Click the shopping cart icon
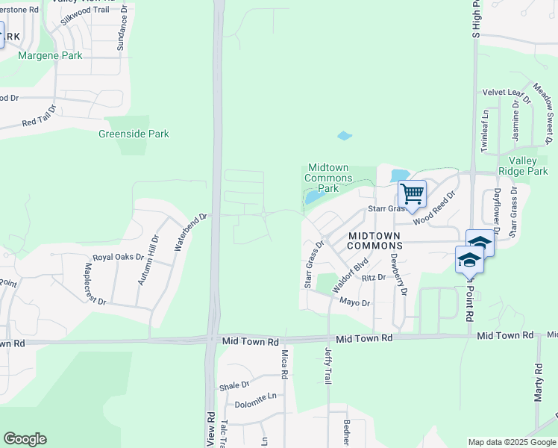[x=412, y=194]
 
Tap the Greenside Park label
[x=134, y=134]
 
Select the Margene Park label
[x=50, y=55]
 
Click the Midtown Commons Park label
[x=329, y=178]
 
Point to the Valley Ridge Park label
[x=528, y=166]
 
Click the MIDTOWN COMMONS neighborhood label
[x=376, y=240]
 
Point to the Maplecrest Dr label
[x=95, y=283]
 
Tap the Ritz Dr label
[x=373, y=278]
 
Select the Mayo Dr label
[x=355, y=302]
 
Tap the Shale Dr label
[x=234, y=385]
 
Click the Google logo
[x=25, y=439]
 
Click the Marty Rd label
[x=538, y=383]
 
